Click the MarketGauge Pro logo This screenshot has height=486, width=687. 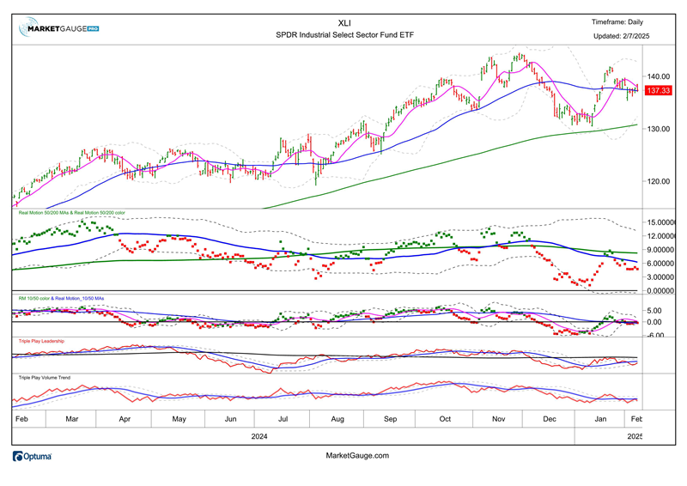tap(59, 28)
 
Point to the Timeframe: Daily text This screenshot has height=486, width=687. tap(617, 22)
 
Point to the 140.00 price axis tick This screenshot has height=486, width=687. tap(658, 76)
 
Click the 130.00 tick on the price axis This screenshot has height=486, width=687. tap(658, 129)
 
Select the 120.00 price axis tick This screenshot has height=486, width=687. tap(658, 181)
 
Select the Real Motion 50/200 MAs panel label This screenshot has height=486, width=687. tap(73, 211)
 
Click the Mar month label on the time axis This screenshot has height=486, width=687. tap(72, 418)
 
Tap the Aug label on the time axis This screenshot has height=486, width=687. tap(337, 418)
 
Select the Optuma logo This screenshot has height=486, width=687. tap(33, 457)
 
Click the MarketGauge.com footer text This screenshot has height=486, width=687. tap(358, 456)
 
